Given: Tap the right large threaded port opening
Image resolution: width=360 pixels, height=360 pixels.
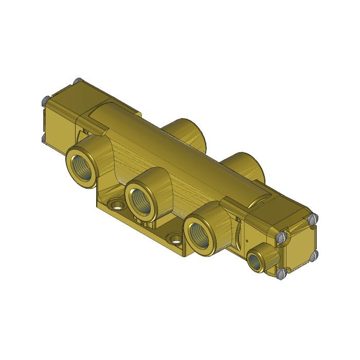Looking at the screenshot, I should [x=199, y=234].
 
